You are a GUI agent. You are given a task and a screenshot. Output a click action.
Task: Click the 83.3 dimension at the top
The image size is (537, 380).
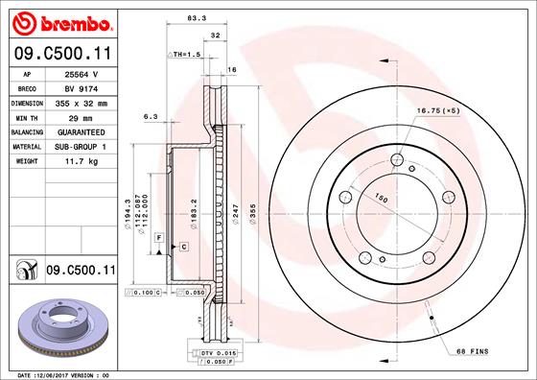(198, 17)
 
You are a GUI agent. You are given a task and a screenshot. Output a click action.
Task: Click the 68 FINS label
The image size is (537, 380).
(472, 352)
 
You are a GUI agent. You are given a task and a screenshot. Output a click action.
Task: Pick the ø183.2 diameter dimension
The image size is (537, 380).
(194, 210)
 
